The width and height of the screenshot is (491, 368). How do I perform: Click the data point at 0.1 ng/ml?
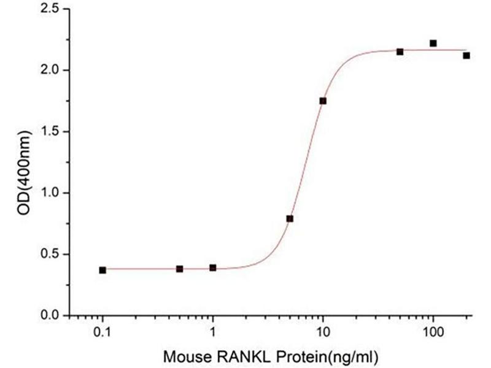tap(102, 270)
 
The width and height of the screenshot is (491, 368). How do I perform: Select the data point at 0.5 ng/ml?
tap(179, 269)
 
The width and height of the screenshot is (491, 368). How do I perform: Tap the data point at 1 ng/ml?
tap(212, 267)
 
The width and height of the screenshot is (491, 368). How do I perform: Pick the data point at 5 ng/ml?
tap(290, 218)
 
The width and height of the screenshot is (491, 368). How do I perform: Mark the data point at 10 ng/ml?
tap(323, 101)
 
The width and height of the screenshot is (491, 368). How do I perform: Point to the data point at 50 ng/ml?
tap(400, 52)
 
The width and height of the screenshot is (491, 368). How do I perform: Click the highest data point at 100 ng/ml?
tap(433, 43)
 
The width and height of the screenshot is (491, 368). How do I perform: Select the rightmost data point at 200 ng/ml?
tap(466, 55)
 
